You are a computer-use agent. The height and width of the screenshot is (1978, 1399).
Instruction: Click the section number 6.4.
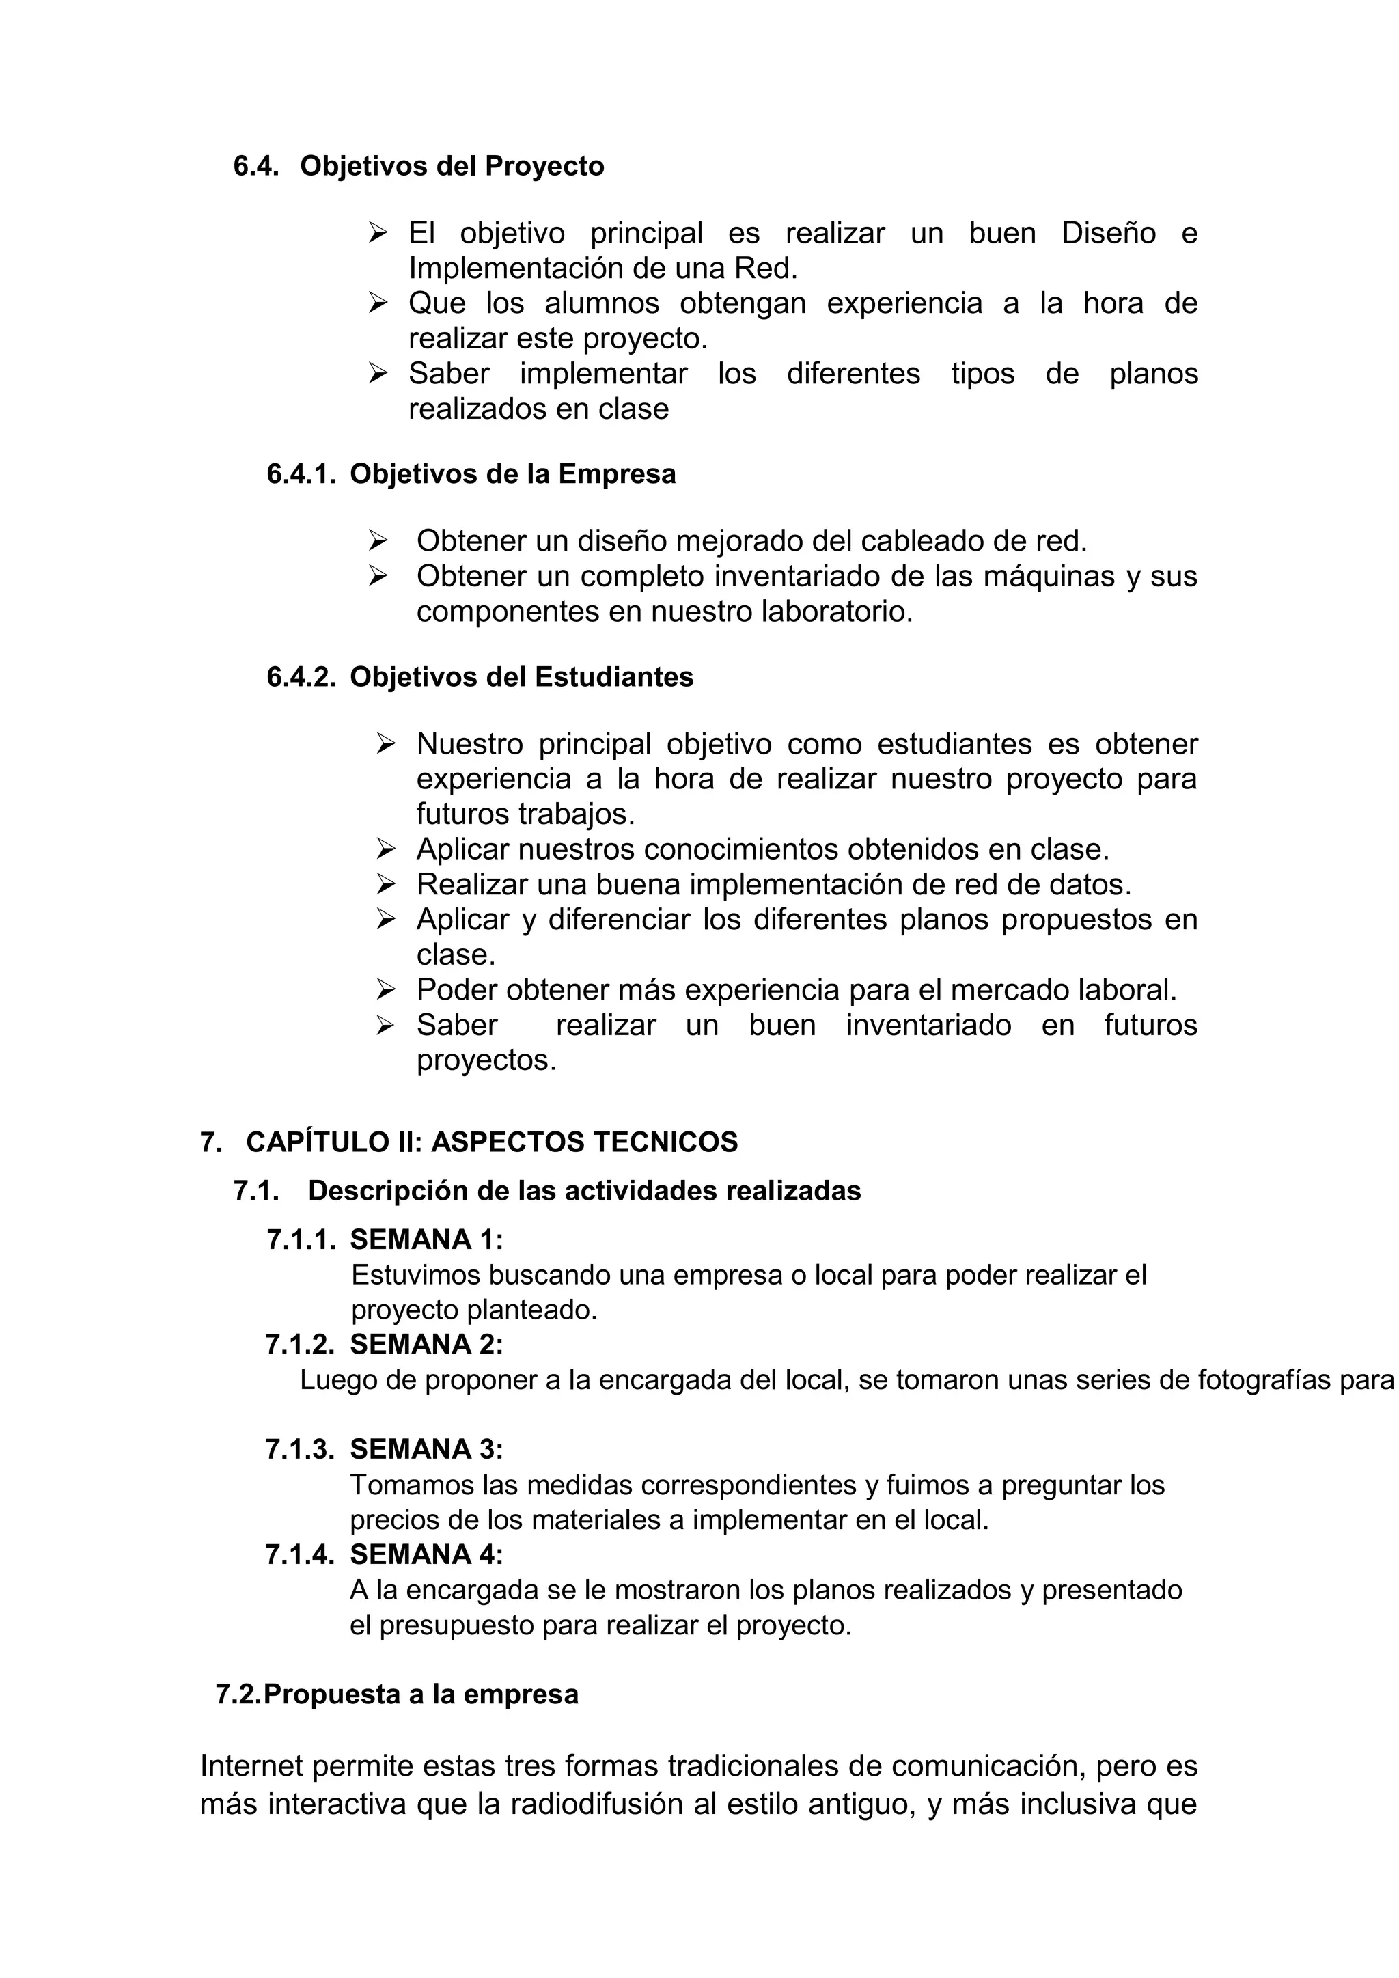[256, 166]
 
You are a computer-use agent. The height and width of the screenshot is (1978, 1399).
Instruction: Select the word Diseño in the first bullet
[1108, 234]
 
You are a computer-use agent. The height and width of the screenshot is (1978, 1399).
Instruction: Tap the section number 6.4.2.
[301, 677]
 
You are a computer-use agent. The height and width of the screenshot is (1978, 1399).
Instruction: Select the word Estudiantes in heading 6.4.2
[613, 677]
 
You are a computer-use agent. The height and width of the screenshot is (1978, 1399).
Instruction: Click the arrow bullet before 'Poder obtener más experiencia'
[385, 989]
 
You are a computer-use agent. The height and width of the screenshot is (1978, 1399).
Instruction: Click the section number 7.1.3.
[300, 1449]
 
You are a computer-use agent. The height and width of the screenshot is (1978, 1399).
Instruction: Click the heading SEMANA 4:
[426, 1554]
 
